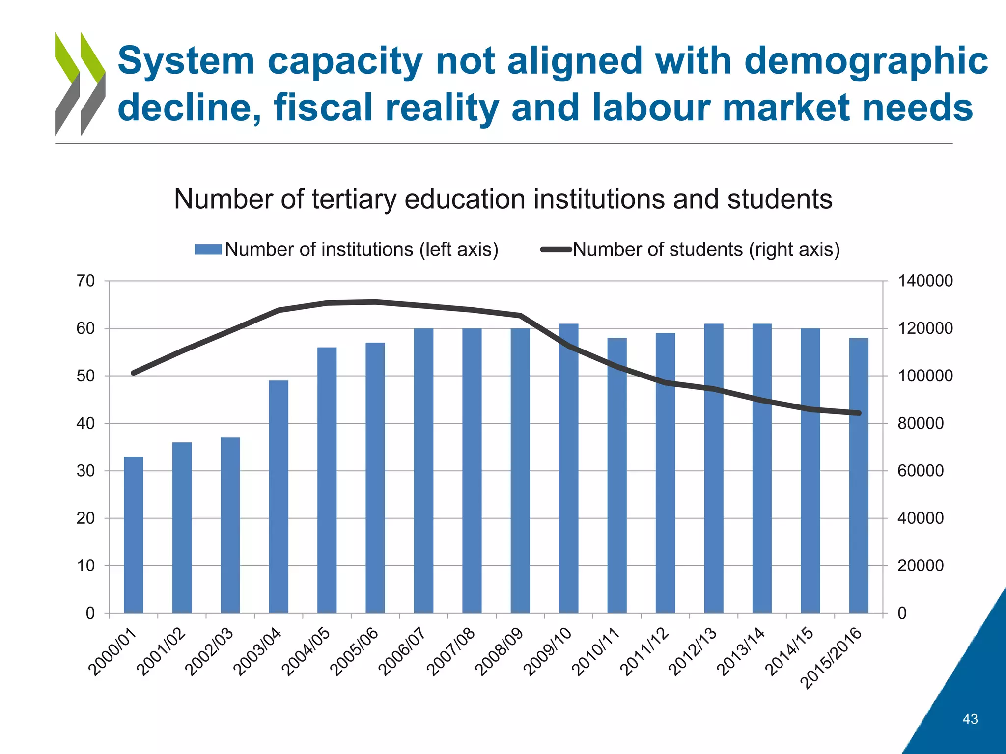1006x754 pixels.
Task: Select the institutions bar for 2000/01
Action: pyautogui.click(x=133, y=535)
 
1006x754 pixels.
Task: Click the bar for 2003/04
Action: pyautogui.click(x=279, y=496)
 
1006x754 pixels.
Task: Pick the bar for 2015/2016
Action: pyautogui.click(x=859, y=475)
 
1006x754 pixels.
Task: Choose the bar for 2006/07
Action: pyautogui.click(x=423, y=470)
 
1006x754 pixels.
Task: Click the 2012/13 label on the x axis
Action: pyautogui.click(x=693, y=652)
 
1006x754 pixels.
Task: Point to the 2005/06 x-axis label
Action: pyautogui.click(x=355, y=652)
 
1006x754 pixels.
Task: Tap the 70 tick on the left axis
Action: pyautogui.click(x=85, y=281)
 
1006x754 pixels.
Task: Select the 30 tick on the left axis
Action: pyautogui.click(x=85, y=471)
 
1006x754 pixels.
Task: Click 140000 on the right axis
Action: pyautogui.click(x=925, y=281)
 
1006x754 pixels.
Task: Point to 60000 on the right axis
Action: pyautogui.click(x=921, y=471)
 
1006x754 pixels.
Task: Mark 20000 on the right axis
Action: pyautogui.click(x=921, y=565)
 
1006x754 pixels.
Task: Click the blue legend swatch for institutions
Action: pyautogui.click(x=208, y=249)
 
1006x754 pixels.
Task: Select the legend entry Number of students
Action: pyautogui.click(x=705, y=249)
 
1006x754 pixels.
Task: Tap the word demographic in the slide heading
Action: pyautogui.click(x=866, y=61)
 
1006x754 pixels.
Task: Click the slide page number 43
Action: pyautogui.click(x=970, y=719)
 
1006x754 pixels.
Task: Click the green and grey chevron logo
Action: pyautogui.click(x=80, y=84)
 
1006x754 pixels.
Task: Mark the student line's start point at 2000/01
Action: pyautogui.click(x=134, y=373)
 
